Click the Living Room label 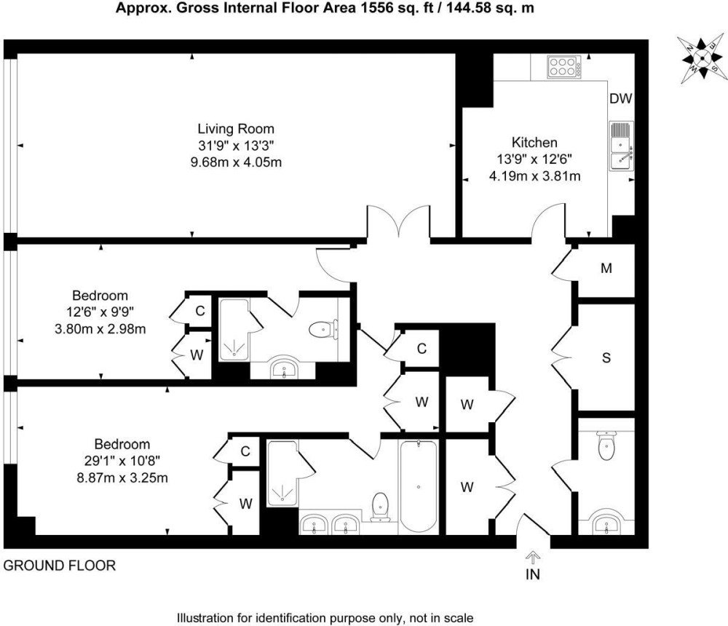pyautogui.click(x=236, y=129)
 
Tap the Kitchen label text pyautogui.click(x=534, y=142)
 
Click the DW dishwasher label pyautogui.click(x=621, y=98)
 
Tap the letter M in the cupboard pyautogui.click(x=606, y=269)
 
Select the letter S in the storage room pyautogui.click(x=606, y=357)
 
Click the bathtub pyautogui.click(x=419, y=486)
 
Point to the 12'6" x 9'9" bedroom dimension pyautogui.click(x=100, y=312)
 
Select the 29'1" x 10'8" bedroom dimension pyautogui.click(x=122, y=461)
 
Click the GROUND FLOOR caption pyautogui.click(x=60, y=566)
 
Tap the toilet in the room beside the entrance pyautogui.click(x=606, y=445)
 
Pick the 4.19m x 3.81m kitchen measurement pyautogui.click(x=534, y=176)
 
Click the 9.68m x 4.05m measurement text pyautogui.click(x=236, y=162)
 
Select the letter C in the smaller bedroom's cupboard pyautogui.click(x=200, y=311)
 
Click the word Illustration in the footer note pyautogui.click(x=205, y=618)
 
